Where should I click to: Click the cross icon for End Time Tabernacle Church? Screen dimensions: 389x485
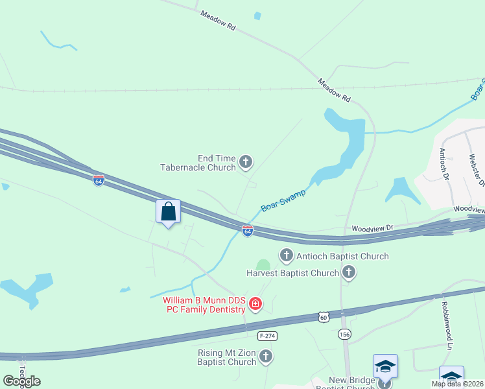point(246,161)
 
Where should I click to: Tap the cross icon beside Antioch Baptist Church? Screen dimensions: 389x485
point(286,255)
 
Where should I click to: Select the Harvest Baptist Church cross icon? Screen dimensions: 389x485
point(349,272)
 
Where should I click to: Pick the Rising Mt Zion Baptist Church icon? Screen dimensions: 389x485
point(266,355)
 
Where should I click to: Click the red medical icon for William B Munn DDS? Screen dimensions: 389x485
point(255,303)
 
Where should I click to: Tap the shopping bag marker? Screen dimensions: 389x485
point(169,212)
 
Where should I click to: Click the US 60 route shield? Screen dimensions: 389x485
point(323,316)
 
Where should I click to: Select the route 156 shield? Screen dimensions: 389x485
point(344,334)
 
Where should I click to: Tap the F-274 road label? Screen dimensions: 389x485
point(267,336)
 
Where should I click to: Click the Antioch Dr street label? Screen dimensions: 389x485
point(444,163)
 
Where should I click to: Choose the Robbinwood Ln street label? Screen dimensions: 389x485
point(446,317)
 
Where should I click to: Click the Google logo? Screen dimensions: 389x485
point(21,381)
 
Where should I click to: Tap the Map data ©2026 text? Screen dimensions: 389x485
point(457,384)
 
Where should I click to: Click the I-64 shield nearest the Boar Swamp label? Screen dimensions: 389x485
point(247,230)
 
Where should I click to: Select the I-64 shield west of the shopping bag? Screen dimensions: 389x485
point(98,180)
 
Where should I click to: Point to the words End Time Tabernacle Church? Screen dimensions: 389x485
point(198,162)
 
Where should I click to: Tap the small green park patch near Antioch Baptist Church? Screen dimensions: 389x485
point(263,265)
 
